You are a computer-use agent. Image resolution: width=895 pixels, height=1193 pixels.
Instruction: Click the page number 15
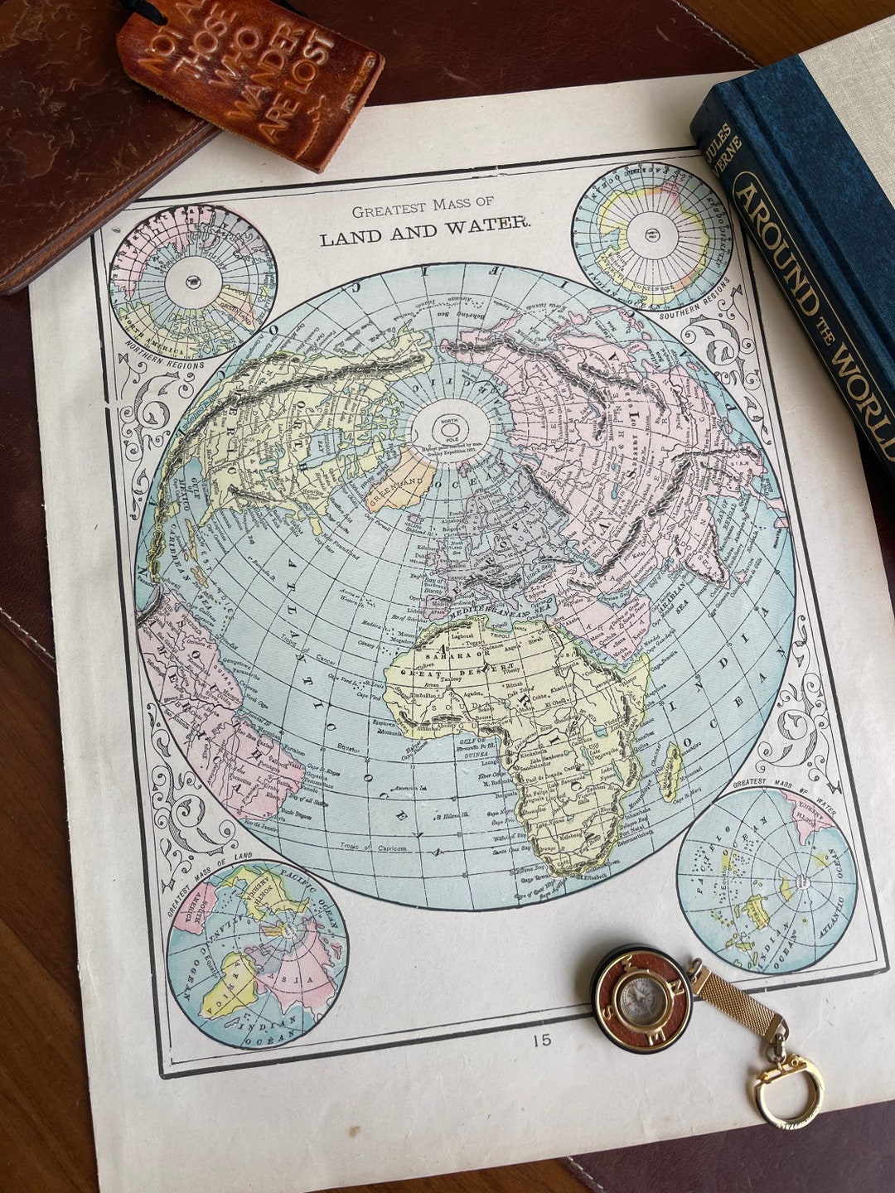pos(542,1040)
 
